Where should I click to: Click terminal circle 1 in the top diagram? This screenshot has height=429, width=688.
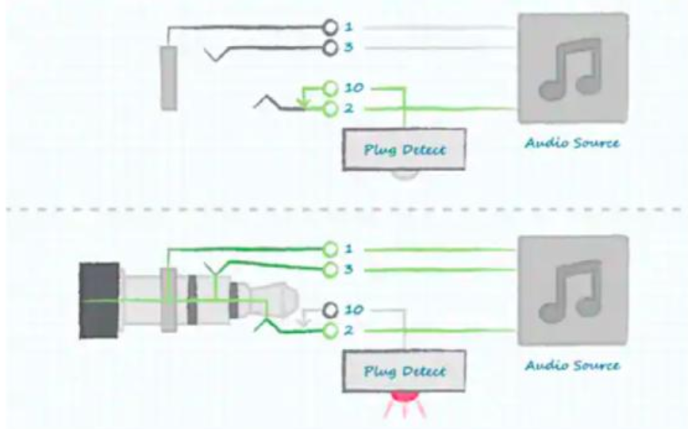pos(330,27)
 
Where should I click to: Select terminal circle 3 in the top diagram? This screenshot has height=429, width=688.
pos(330,48)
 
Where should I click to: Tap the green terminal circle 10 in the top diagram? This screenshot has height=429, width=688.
pos(330,89)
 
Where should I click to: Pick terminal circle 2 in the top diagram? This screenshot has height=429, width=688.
pos(330,109)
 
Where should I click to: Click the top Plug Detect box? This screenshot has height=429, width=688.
pos(404,149)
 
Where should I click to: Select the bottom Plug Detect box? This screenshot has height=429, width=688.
pos(404,371)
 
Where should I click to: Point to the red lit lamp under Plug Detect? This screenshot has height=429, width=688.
pos(405,396)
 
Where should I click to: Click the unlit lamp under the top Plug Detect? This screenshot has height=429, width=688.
pos(405,174)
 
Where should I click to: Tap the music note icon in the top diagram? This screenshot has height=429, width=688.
pos(570,68)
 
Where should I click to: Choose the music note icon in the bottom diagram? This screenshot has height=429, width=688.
pos(570,290)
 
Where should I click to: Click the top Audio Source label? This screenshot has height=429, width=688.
pos(572,143)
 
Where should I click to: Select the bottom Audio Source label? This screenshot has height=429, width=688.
pos(572,366)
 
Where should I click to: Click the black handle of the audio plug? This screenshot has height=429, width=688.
pos(99,301)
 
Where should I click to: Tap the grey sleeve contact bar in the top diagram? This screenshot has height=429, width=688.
pos(168,78)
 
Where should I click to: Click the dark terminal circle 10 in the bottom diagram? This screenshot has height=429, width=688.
pos(330,311)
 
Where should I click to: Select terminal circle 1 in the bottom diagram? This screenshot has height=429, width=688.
pos(330,250)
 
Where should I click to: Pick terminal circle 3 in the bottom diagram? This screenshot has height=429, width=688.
pos(330,270)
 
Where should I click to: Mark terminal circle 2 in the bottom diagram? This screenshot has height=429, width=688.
pos(330,331)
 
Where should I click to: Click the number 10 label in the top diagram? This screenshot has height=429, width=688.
pos(354,88)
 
